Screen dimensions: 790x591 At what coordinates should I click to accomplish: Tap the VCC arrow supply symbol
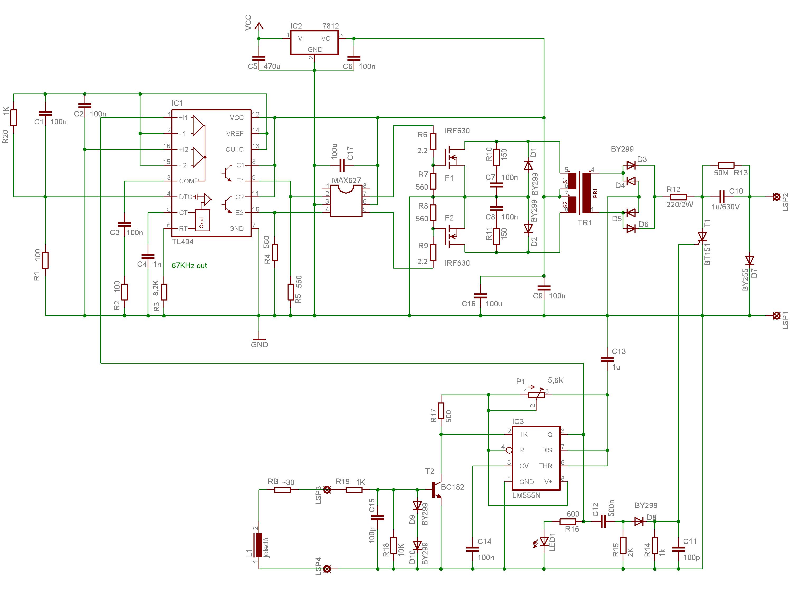pyautogui.click(x=259, y=27)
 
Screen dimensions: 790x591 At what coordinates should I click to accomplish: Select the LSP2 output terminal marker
pyautogui.click(x=776, y=197)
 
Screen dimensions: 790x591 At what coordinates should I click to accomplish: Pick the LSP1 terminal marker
pyautogui.click(x=776, y=316)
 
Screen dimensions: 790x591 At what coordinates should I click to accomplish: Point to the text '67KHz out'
pyautogui.click(x=189, y=265)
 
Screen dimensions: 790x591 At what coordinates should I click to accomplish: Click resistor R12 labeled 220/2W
pyautogui.click(x=678, y=197)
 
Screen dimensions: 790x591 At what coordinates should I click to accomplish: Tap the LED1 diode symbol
pyautogui.click(x=544, y=542)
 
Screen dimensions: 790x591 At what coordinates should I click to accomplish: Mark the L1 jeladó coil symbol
pyautogui.click(x=258, y=545)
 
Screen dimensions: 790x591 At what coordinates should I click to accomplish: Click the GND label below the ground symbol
pyautogui.click(x=259, y=345)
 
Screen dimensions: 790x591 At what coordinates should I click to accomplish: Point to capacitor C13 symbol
pyautogui.click(x=607, y=359)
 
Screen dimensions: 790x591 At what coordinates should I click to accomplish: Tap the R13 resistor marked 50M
pyautogui.click(x=726, y=165)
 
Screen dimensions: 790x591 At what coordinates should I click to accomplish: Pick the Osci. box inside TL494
pyautogui.click(x=203, y=220)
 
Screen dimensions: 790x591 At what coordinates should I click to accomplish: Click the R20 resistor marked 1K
pyautogui.click(x=13, y=118)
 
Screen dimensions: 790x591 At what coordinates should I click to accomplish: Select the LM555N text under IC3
pyautogui.click(x=526, y=495)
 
